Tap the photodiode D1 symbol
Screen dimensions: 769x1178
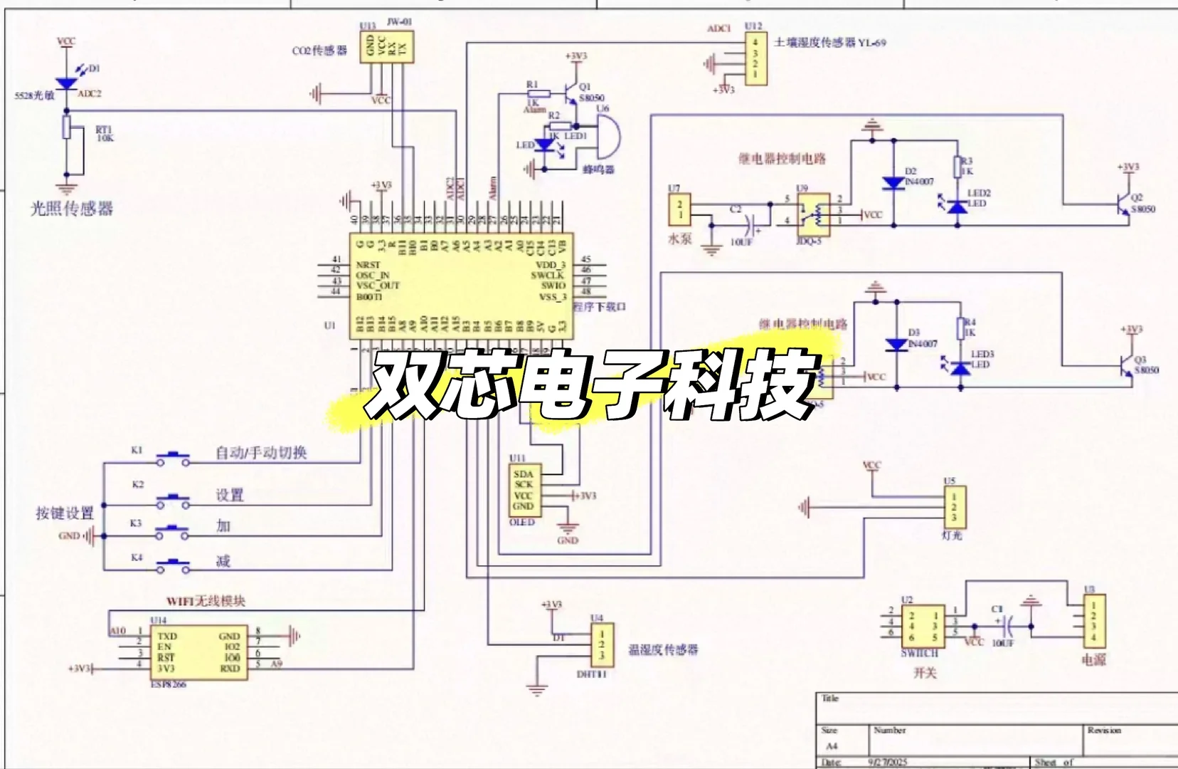pos(66,83)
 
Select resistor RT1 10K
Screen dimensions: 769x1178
pos(66,129)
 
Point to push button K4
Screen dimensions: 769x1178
pos(173,565)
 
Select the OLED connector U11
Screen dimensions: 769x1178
pos(523,490)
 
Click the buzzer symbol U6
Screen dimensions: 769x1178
pos(607,137)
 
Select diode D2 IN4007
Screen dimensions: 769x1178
pos(894,184)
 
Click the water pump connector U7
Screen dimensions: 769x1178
pos(680,209)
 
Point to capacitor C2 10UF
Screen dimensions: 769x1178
pos(747,226)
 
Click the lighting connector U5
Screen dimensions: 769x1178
pos(954,507)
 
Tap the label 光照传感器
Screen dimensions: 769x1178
pos(72,209)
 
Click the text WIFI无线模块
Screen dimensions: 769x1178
pos(206,601)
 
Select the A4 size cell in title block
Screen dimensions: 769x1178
pos(832,746)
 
